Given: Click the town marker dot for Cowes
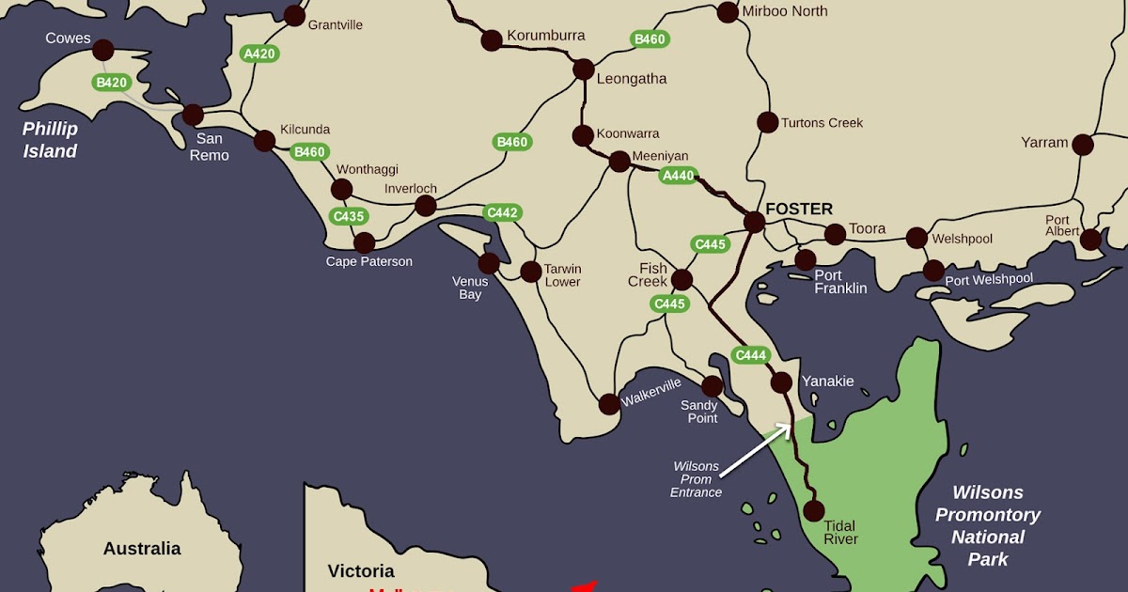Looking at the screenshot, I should click(x=103, y=50).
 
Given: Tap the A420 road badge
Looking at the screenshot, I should click(x=259, y=54).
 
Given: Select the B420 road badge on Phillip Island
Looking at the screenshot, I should click(x=111, y=83).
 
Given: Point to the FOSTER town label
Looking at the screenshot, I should click(x=799, y=209).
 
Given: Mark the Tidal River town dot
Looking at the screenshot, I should click(x=814, y=511).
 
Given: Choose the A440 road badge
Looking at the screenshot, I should click(x=678, y=175).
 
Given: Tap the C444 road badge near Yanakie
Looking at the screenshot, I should click(x=751, y=355).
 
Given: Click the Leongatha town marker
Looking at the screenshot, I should click(x=584, y=70).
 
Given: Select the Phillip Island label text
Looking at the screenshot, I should click(x=50, y=140).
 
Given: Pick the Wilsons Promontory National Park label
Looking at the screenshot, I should click(x=987, y=526).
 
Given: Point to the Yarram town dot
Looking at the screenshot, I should click(x=1083, y=145).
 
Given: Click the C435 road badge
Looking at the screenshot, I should click(x=349, y=216).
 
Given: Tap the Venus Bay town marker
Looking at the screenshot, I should click(x=489, y=263).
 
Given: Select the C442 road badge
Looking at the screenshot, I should click(x=502, y=213).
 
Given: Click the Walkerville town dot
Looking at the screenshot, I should click(x=609, y=404).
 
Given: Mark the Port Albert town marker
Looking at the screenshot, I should click(x=1090, y=240).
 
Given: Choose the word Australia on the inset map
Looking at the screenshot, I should click(x=142, y=549).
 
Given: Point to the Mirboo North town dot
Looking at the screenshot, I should click(x=728, y=12).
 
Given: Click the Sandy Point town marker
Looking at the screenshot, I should click(x=713, y=386).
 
